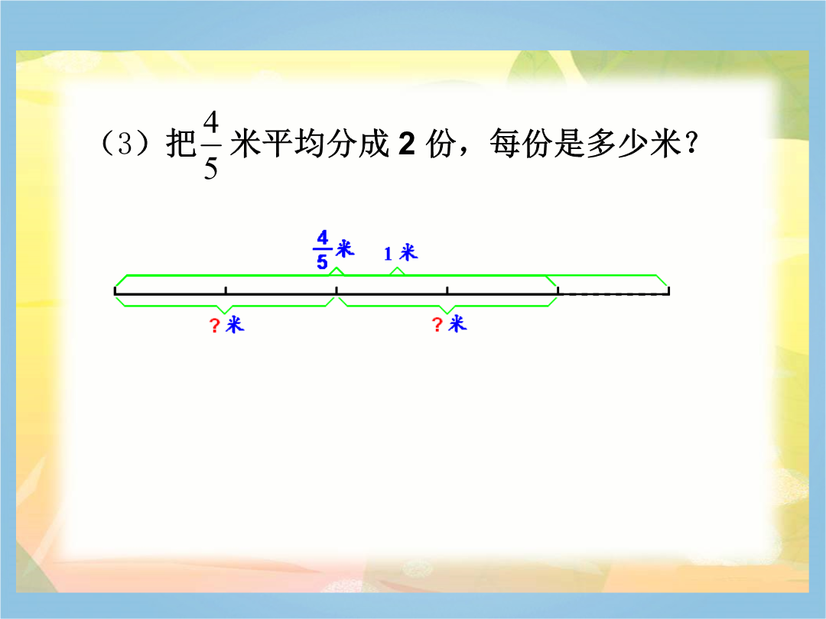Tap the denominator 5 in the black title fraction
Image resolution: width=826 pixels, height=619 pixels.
pyautogui.click(x=211, y=168)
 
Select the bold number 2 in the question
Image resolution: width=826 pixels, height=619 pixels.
pyautogui.click(x=407, y=143)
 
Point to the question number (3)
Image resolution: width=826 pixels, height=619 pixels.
pyautogui.click(x=125, y=144)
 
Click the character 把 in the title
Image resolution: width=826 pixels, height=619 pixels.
pyautogui.click(x=180, y=143)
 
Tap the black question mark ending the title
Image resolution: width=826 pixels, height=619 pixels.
pyautogui.click(x=692, y=142)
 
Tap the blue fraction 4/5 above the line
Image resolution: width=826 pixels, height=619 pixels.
pyautogui.click(x=323, y=249)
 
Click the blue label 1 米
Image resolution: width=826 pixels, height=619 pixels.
pyautogui.click(x=400, y=253)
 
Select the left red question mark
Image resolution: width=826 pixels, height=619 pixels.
pyautogui.click(x=214, y=326)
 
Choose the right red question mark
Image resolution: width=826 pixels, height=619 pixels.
pyautogui.click(x=437, y=324)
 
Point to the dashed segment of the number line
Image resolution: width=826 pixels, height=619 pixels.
pyautogui.click(x=613, y=294)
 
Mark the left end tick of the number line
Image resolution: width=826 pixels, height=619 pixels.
pyautogui.click(x=115, y=290)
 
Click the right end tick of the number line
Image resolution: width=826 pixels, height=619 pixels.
pyautogui.click(x=668, y=290)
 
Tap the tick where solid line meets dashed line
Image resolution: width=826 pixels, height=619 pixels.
pyautogui.click(x=558, y=290)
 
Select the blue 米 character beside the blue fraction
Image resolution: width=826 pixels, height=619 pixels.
pyautogui.click(x=345, y=248)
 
